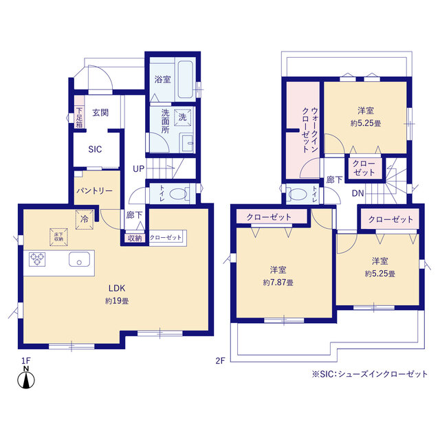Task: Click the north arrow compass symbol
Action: [26, 379]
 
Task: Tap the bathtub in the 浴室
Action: [185, 80]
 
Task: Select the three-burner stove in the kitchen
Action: [37, 259]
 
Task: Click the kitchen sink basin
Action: [80, 259]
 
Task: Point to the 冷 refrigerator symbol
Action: [85, 219]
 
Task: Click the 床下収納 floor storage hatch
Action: [58, 237]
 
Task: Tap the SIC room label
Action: [95, 149]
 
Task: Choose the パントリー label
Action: [95, 191]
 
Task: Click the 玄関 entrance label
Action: [100, 113]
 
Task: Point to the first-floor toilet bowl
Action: [179, 194]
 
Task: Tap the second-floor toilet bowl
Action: [297, 194]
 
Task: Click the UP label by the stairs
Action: [138, 169]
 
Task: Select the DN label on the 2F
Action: [357, 193]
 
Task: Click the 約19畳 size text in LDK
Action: [117, 301]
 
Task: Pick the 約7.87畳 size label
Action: [278, 283]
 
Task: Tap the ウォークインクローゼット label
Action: [310, 130]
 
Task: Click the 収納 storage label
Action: [135, 239]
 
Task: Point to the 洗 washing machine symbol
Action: [182, 117]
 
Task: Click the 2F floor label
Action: [220, 360]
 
